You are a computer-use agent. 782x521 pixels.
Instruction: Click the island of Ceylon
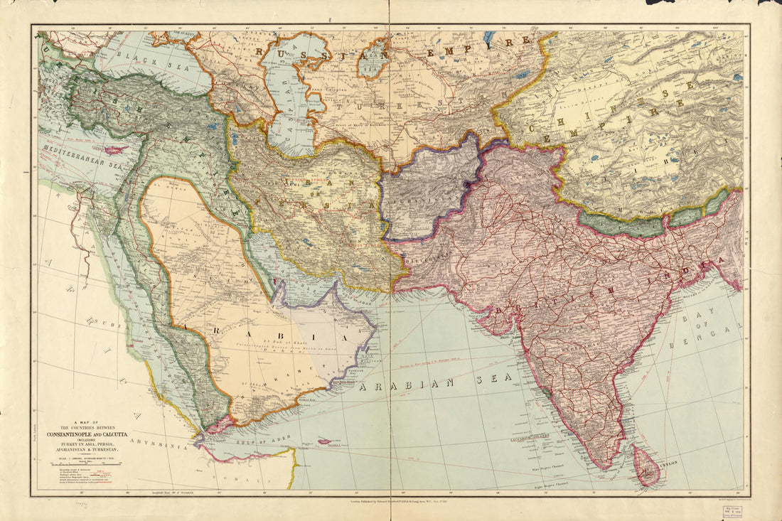coord(646,466)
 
